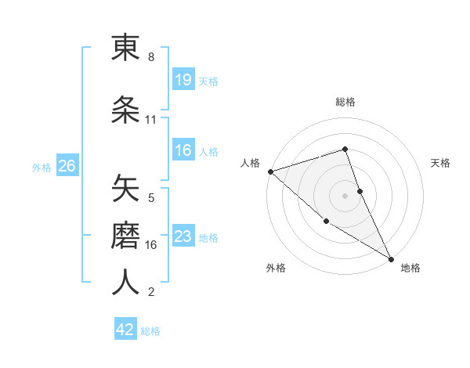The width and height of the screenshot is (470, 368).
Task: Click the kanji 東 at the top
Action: click(125, 49)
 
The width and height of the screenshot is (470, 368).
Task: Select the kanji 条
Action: click(125, 110)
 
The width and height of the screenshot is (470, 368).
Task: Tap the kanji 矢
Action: click(125, 189)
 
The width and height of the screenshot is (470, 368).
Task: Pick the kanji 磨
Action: click(125, 234)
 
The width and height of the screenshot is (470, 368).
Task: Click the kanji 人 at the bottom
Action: click(125, 282)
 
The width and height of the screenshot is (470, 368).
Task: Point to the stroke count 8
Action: click(151, 57)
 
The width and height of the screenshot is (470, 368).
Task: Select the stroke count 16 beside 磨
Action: click(152, 244)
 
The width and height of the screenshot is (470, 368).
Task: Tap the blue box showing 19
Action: click(183, 80)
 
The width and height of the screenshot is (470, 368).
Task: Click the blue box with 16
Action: click(183, 150)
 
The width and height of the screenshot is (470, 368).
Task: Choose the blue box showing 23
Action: click(183, 236)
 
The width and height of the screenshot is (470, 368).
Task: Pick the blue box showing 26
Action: click(67, 166)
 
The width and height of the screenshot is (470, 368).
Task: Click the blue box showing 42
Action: click(125, 330)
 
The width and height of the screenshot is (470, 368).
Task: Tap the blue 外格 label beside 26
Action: click(42, 167)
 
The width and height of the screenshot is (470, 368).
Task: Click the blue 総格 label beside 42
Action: click(150, 331)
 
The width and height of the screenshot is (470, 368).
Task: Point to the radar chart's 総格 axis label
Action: click(345, 102)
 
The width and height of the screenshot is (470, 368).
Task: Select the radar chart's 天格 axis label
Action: click(441, 163)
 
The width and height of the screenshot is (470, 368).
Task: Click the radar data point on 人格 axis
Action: click(270, 171)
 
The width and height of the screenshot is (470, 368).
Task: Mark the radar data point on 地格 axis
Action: click(391, 258)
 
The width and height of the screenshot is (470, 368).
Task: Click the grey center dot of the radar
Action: click(345, 195)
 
